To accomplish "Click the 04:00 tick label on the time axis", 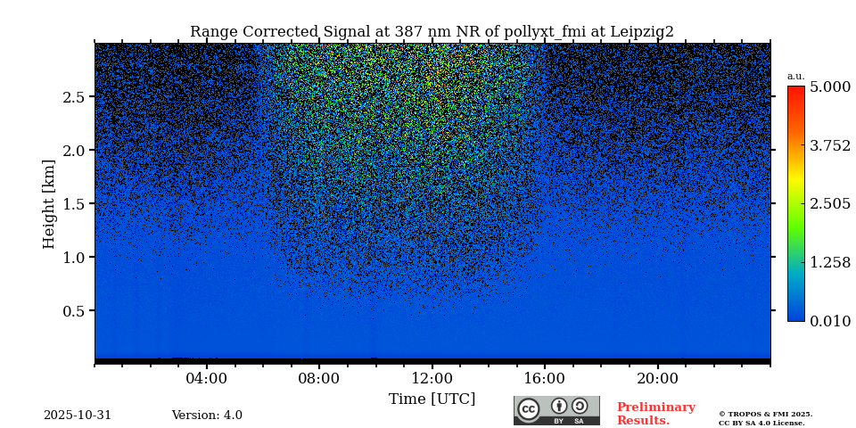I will (207, 378).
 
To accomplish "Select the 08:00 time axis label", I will (319, 378).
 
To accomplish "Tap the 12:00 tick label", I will (432, 378).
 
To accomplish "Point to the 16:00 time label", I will (545, 378).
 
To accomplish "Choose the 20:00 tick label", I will (657, 378).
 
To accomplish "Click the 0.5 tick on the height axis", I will (73, 311).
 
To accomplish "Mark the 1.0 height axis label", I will (73, 258).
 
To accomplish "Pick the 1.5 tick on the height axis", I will (73, 204).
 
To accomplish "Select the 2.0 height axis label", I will (73, 151).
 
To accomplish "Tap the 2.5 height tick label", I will (73, 97).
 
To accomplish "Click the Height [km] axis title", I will (49, 204).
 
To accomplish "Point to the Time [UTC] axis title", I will (432, 399).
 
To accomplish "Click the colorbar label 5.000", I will (829, 87).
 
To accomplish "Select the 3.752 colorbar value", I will (829, 146).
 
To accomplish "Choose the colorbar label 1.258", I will (829, 262).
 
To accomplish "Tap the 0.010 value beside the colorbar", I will (829, 321).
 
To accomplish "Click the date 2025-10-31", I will (78, 416).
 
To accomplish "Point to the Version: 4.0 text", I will (207, 416).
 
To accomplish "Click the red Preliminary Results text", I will (655, 414).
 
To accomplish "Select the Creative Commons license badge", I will (556, 410).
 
